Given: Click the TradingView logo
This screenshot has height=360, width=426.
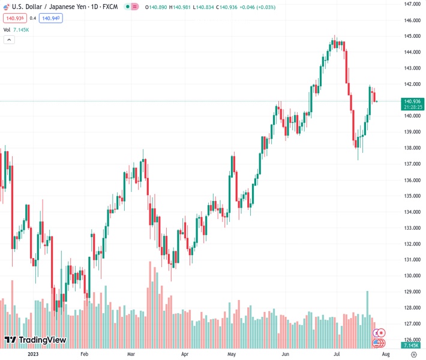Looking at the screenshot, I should coord(35,340).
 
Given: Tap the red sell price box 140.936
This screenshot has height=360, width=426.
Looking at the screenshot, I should coord(14,18).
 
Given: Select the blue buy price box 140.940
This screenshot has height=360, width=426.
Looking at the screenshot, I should coord(51,18).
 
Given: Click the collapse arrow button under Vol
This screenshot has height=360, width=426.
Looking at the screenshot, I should coord(9,40).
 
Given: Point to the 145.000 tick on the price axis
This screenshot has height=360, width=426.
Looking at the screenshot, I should coord(412,36).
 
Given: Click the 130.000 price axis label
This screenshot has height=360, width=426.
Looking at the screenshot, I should coord(412,276).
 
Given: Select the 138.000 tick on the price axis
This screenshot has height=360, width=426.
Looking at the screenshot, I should coord(412,148).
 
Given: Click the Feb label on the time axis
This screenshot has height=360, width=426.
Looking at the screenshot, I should coord(84,354).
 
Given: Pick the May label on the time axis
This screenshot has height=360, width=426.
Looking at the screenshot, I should coord(232,354).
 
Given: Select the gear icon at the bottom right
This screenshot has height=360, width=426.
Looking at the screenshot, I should coord(413,354).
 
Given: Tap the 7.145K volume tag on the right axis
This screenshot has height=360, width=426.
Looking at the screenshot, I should coord(412,346).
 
